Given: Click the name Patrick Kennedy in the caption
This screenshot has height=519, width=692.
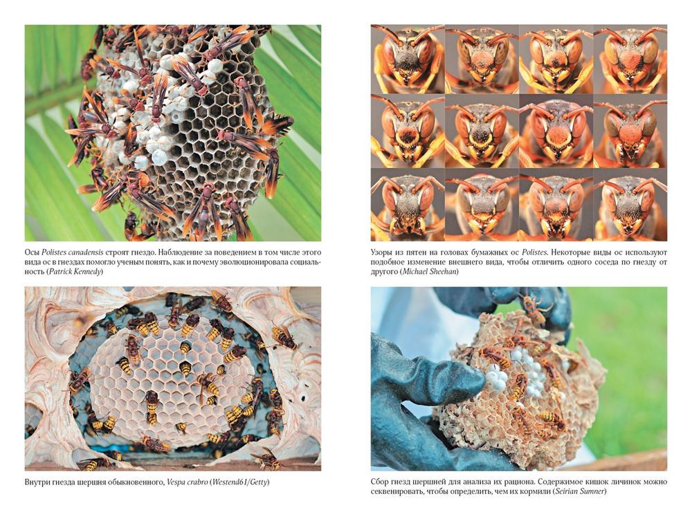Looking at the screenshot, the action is (75, 272).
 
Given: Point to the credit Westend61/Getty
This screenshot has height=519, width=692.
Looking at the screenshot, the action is (240, 482).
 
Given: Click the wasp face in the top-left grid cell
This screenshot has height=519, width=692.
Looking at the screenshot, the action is (408, 59).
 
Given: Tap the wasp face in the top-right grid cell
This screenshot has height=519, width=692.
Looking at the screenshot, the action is (630, 59).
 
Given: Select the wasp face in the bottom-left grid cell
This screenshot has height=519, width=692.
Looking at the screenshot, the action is (408, 205).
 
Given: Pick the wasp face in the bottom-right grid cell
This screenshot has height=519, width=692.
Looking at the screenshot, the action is (630, 205).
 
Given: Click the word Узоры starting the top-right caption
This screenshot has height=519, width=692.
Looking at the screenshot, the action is (381, 253).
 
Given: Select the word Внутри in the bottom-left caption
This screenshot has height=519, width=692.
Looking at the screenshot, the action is (37, 482).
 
